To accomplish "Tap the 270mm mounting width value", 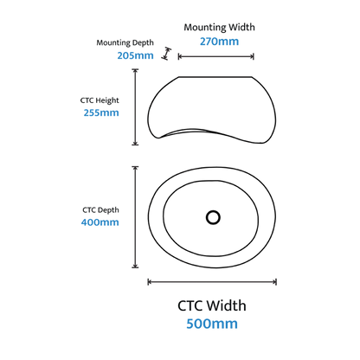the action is pyautogui.click(x=219, y=42).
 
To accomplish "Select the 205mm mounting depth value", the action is pyautogui.click(x=135, y=55).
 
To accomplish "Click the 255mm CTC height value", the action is pyautogui.click(x=101, y=112).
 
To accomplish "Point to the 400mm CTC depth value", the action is pyautogui.click(x=100, y=222).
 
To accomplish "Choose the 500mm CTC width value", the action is pyautogui.click(x=212, y=324).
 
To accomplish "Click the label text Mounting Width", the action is pyautogui.click(x=219, y=28).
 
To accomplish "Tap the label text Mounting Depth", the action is pyautogui.click(x=125, y=42).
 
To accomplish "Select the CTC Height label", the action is pyautogui.click(x=100, y=100).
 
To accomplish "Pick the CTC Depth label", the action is pyautogui.click(x=100, y=210).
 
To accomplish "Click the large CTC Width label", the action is pyautogui.click(x=212, y=305).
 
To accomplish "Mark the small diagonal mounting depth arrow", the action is pyautogui.click(x=166, y=54).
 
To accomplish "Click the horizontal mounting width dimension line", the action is pyautogui.click(x=216, y=56).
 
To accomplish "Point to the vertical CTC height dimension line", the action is pyautogui.click(x=135, y=106).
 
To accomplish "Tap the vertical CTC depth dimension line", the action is pyautogui.click(x=135, y=217).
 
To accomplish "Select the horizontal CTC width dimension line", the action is pyautogui.click(x=212, y=282).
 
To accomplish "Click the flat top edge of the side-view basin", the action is pyautogui.click(x=215, y=77).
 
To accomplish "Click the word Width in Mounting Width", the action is pyautogui.click(x=241, y=27).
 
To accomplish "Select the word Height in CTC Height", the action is pyautogui.click(x=107, y=100).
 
